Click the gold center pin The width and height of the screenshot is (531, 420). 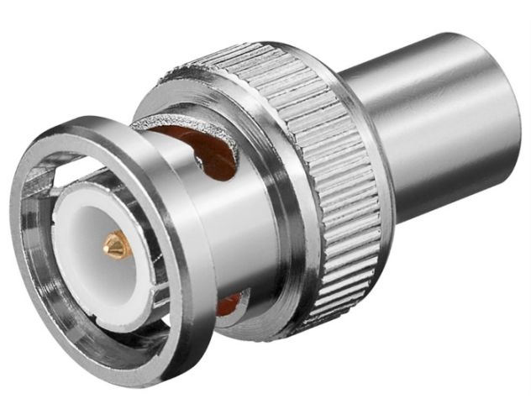pyautogui.click(x=115, y=245)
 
